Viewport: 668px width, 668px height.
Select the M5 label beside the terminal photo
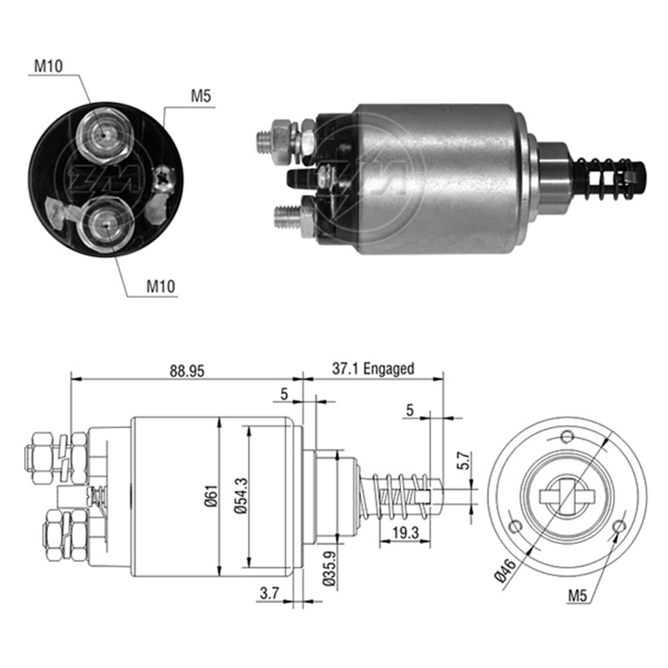click(201, 96)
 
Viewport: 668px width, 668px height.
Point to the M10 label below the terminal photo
click(160, 287)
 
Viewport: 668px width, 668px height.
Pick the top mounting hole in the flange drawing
click(567, 437)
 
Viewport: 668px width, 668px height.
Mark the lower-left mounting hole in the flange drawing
click(514, 526)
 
